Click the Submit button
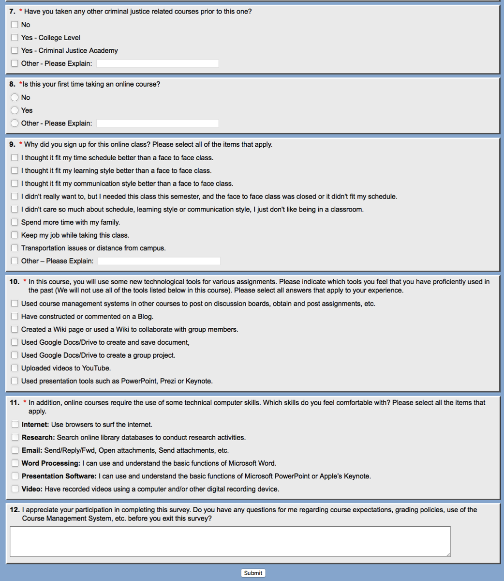click(x=253, y=573)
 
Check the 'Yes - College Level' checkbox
click(x=15, y=38)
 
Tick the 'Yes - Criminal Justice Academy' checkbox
click(x=15, y=50)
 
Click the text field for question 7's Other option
click(x=157, y=63)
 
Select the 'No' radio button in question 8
click(x=15, y=97)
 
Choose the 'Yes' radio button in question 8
click(x=15, y=110)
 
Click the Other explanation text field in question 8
click(x=157, y=123)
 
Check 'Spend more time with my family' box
click(x=15, y=222)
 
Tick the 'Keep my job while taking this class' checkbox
click(x=15, y=235)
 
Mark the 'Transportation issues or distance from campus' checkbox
click(x=15, y=248)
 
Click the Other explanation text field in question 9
click(x=159, y=261)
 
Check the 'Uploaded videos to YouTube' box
click(x=15, y=368)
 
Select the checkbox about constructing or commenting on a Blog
click(x=15, y=317)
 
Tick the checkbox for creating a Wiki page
click(x=15, y=329)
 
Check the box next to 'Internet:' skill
click(x=15, y=425)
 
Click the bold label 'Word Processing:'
click(x=51, y=463)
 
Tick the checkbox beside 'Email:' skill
click(x=15, y=450)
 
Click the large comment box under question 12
click(x=230, y=541)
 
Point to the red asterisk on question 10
click(x=25, y=281)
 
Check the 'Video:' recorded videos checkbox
click(x=15, y=489)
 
